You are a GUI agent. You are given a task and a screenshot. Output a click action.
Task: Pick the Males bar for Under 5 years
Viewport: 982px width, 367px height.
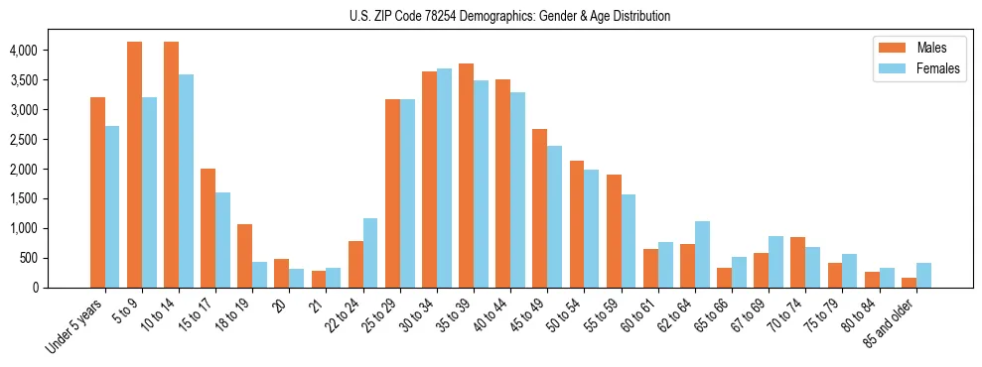97,192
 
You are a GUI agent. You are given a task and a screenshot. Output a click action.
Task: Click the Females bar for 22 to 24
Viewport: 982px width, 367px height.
370,253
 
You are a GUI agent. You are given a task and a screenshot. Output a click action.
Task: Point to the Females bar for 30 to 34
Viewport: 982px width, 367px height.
444,179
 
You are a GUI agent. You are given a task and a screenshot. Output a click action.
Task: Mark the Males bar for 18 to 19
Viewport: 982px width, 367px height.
244,256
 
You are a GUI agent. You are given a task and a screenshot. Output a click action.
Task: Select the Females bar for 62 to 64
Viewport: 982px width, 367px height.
702,254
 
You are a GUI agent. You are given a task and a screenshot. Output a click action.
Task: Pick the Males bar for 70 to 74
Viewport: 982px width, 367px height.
798,262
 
